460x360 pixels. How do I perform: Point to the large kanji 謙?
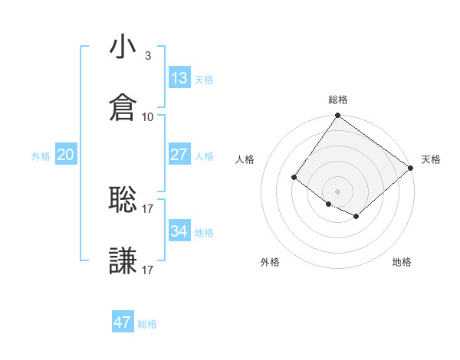[123, 261]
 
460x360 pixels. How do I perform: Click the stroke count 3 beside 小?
[147, 55]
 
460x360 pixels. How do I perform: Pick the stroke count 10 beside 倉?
[148, 116]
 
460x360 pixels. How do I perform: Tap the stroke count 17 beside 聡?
[148, 208]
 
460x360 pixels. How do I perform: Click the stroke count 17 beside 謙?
[148, 270]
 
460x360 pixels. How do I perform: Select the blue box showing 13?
[179, 78]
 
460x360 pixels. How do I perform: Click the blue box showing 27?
[179, 155]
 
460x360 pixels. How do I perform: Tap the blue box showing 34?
[179, 231]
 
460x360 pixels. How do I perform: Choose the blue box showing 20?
[66, 155]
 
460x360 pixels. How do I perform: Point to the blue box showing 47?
[123, 322]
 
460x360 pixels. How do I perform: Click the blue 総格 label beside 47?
[147, 324]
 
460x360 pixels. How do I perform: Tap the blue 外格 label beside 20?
[41, 156]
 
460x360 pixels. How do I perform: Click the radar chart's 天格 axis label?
[431, 159]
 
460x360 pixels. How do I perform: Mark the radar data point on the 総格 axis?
[337, 116]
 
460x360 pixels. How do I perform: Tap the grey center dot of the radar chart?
[337, 191]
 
